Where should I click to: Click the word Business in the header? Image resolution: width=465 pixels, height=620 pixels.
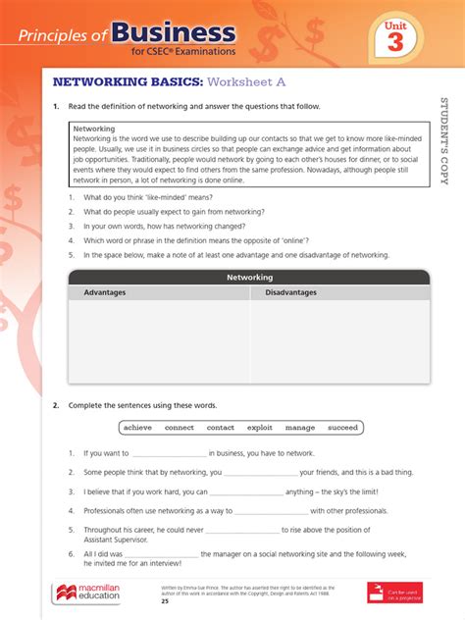point(173,33)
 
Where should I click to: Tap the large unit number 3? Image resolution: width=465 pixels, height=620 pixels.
point(394,42)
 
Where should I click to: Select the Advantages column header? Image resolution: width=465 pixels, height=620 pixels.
point(105,292)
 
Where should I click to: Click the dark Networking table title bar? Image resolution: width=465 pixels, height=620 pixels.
point(249,278)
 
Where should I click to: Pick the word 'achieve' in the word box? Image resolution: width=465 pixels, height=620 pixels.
point(137,428)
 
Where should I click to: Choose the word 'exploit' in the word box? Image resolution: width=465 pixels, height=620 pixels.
point(260,428)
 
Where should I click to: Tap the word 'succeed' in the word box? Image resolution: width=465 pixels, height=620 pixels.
point(342,428)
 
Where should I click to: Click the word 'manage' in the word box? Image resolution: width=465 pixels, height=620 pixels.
point(300,428)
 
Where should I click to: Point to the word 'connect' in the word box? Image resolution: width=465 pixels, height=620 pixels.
point(179,428)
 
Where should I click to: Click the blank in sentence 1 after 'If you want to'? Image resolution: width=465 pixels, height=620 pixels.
point(168,454)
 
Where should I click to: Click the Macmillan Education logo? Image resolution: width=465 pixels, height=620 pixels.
point(86,593)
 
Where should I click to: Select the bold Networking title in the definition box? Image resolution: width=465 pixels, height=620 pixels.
point(94,129)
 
